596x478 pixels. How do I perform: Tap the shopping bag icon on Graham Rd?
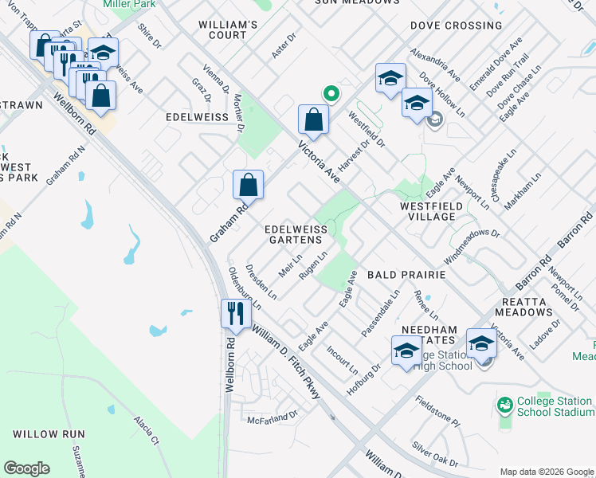(x=249, y=184)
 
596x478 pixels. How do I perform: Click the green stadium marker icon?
(x=504, y=406)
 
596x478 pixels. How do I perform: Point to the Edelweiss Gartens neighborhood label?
(x=296, y=234)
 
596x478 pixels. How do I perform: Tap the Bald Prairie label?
(x=406, y=274)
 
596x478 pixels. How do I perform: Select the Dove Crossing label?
(x=456, y=25)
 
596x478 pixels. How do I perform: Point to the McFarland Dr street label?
(x=272, y=417)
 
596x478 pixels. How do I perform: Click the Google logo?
(x=26, y=468)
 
